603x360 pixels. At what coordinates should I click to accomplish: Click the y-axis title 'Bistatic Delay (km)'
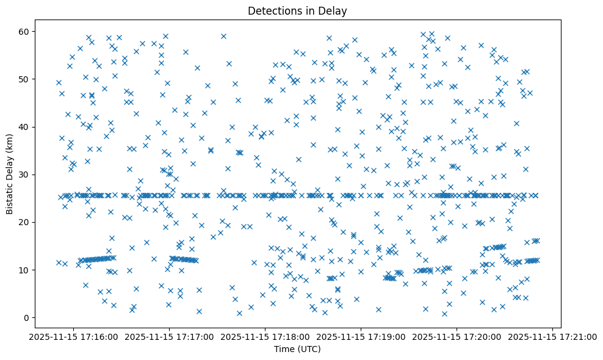[x=10, y=174]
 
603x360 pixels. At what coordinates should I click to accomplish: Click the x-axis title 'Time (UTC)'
[x=296, y=350]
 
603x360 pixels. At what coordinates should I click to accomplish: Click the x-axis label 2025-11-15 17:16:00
[x=74, y=337]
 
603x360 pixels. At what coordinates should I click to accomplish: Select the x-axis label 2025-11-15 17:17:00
[x=170, y=337]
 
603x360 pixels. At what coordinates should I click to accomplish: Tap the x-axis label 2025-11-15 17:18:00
[x=265, y=337]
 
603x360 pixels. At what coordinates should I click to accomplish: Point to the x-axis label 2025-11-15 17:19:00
[x=361, y=337]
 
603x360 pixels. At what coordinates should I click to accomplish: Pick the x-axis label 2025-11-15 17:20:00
[x=457, y=337]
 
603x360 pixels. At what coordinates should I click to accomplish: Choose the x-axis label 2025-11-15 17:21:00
[x=553, y=337]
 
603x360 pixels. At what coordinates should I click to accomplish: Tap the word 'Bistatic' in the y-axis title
[x=10, y=197]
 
